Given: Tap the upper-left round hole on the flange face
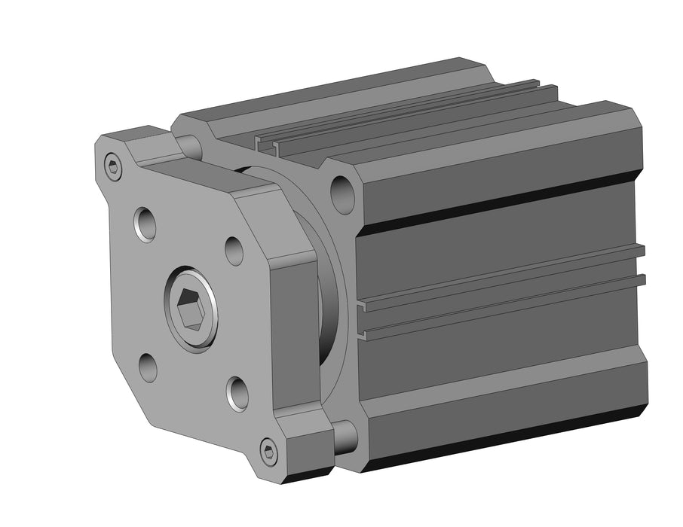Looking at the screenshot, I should click(x=145, y=224).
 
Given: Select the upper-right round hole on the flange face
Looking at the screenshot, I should click(x=234, y=251).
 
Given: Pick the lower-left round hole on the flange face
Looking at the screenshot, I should click(x=149, y=367).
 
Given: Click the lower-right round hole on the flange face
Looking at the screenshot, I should click(x=238, y=393).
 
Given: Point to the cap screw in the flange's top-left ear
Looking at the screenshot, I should click(x=113, y=167).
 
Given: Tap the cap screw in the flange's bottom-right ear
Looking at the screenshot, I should click(x=268, y=452).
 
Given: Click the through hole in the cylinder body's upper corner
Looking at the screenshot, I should click(x=342, y=193).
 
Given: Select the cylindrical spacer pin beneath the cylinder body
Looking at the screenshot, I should click(x=345, y=436).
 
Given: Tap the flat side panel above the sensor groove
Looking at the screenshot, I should click(x=498, y=241).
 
